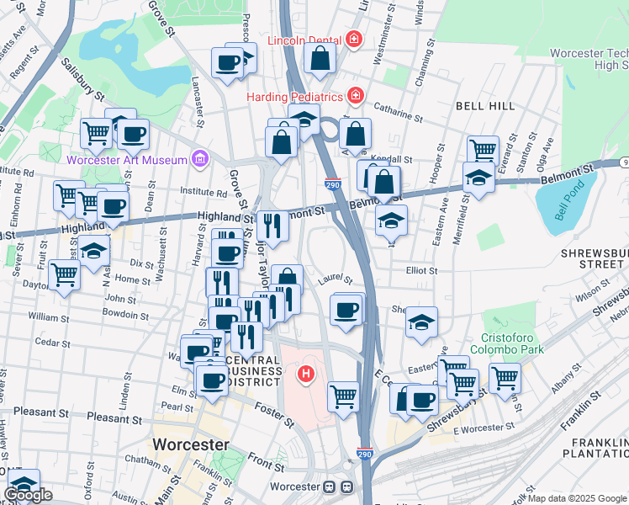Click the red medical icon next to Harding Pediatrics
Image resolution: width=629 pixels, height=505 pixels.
coord(356,96)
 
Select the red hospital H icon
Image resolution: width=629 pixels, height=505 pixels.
coord(307,373)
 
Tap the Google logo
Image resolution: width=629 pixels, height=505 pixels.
coord(28,496)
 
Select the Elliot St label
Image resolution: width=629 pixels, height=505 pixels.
coord(421,270)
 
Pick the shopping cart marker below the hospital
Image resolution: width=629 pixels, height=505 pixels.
coord(343,395)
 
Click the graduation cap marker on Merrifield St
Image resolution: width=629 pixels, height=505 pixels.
coord(478,178)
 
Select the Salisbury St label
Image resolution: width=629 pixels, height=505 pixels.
coord(82,85)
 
